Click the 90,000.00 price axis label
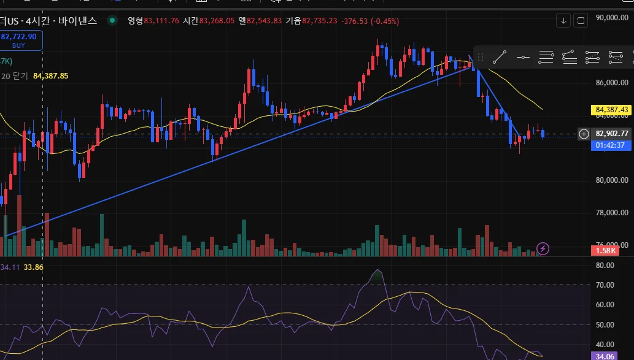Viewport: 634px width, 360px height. coord(612,18)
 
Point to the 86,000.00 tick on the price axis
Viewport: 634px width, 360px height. coord(612,82)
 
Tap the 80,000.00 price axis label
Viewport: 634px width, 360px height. coord(612,180)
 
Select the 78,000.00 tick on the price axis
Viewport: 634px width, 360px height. coord(612,213)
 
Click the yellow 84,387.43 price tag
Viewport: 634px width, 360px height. coord(612,110)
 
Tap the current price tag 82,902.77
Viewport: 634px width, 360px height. coord(612,133)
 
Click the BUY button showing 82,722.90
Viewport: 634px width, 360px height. coord(19,40)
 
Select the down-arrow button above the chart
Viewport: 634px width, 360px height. coord(564,21)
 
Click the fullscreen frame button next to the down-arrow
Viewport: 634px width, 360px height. coord(581,21)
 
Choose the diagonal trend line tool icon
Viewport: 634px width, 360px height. coord(500,57)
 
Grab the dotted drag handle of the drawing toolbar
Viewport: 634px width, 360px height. coord(481,57)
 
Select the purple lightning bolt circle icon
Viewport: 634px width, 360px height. coord(543,248)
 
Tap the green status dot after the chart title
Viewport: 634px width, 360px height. coord(112,20)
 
